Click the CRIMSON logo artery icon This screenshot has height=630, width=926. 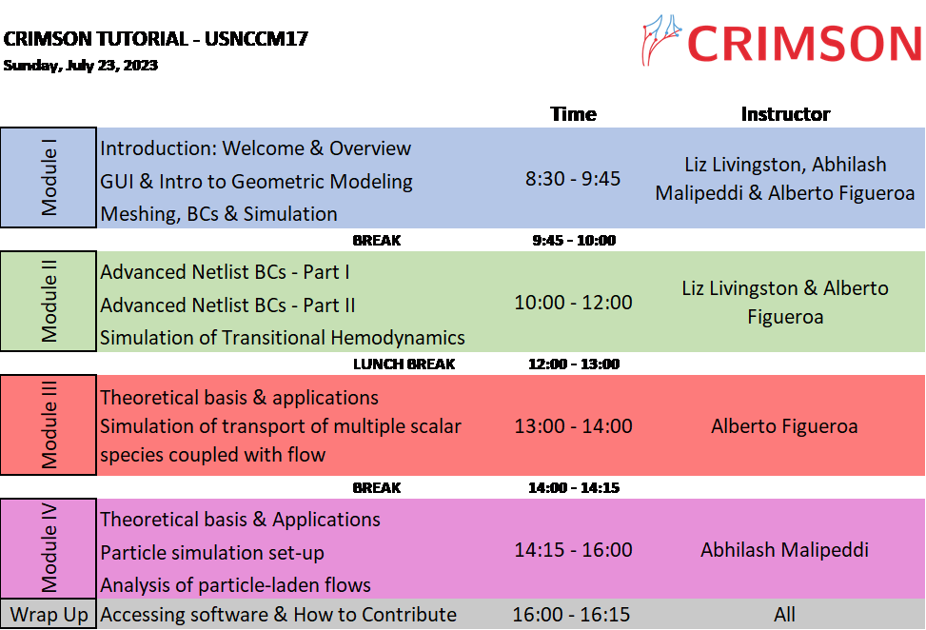pyautogui.click(x=661, y=40)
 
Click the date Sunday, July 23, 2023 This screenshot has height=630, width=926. pyautogui.click(x=81, y=65)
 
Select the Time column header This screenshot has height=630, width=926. pyautogui.click(x=573, y=114)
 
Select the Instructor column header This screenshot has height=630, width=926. pyautogui.click(x=785, y=114)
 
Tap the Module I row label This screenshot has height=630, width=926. pyautogui.click(x=49, y=177)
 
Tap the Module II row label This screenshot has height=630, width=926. pyautogui.click(x=49, y=301)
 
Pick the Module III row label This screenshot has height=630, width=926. pyautogui.click(x=49, y=425)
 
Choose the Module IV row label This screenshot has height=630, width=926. pyautogui.click(x=49, y=548)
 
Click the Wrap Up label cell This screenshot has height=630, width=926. pyautogui.click(x=49, y=614)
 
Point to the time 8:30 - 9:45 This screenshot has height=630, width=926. pyautogui.click(x=573, y=178)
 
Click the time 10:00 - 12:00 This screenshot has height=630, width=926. pyautogui.click(x=573, y=303)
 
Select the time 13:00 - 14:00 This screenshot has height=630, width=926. pyautogui.click(x=573, y=425)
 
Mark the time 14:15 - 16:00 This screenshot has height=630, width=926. pyautogui.click(x=573, y=550)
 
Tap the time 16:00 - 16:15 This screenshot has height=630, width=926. pyautogui.click(x=571, y=614)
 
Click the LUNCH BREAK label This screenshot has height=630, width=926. pyautogui.click(x=404, y=364)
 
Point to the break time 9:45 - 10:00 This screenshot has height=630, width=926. pyautogui.click(x=574, y=241)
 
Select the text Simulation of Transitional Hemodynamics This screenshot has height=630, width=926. pyautogui.click(x=283, y=337)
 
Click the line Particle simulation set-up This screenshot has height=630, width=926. pyautogui.click(x=212, y=553)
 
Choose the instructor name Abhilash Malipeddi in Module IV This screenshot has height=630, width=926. pyautogui.click(x=784, y=550)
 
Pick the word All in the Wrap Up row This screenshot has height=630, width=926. pyautogui.click(x=784, y=614)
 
